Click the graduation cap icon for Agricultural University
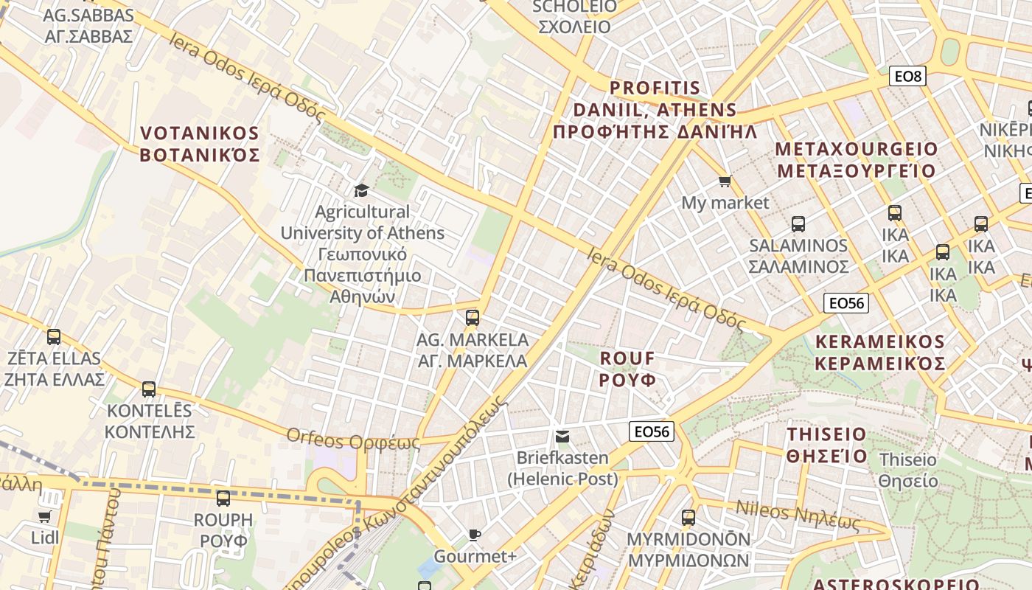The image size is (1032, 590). click(361, 191)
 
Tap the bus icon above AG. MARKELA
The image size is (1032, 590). click(473, 318)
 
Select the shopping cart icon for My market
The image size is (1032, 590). click(725, 181)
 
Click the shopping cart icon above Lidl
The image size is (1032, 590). click(44, 516)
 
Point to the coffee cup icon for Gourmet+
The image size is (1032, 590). click(475, 535)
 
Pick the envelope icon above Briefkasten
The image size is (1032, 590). click(562, 437)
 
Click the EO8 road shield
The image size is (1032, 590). click(907, 76)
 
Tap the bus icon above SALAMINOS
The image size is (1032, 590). click(798, 223)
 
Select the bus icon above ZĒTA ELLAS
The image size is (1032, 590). click(54, 337)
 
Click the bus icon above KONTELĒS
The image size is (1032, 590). click(149, 389)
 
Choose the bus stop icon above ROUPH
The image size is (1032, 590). click(223, 498)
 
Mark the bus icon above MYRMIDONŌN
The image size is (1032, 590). click(688, 517)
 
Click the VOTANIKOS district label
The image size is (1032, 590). click(200, 145)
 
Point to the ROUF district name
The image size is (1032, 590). click(627, 369)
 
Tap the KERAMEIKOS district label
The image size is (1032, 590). click(880, 353)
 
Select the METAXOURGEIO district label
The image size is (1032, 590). click(856, 160)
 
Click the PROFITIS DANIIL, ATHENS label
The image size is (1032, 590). click(655, 110)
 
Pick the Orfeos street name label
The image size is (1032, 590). click(353, 440)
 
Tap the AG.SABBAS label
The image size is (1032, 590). click(88, 25)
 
